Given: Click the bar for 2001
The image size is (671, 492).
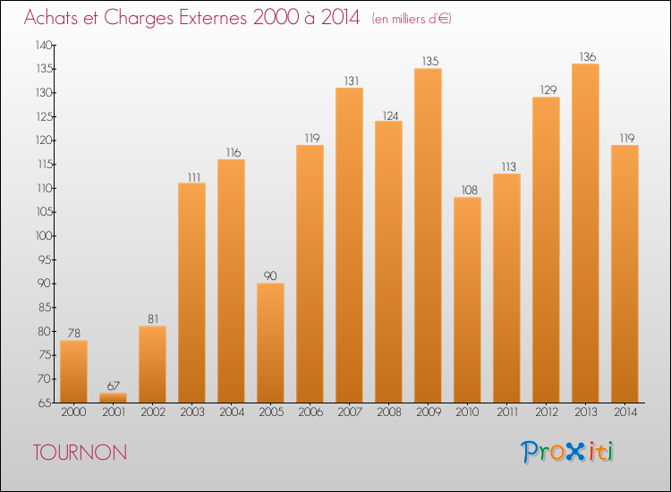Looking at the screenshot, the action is pos(113,397).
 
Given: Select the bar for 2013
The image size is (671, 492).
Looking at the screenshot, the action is pos(585,233).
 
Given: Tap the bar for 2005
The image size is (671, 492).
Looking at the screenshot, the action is pos(270,343).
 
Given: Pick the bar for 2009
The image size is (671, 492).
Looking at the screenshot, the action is pos(428,235).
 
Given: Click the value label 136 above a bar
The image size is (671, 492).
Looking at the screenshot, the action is pos(588,56).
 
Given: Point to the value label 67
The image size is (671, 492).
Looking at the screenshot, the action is pos(114,386).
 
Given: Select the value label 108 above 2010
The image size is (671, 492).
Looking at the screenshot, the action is pos(470,190).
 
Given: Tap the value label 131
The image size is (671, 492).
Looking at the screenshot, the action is pos(352,81).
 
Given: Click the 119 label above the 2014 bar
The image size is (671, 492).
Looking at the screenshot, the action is pos(627,138).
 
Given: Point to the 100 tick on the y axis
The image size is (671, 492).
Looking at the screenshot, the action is pos(45,236).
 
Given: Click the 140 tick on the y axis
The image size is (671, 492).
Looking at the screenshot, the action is pos(44,45).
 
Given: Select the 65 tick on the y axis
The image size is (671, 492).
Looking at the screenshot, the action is pos(47,403).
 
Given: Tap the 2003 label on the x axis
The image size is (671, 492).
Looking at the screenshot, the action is pos(192,412).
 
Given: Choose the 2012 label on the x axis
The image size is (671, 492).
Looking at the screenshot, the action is pos(547,412).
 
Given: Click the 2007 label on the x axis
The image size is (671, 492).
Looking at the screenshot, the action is pos(350,412).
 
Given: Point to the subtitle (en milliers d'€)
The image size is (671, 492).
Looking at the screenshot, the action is pos(412,19).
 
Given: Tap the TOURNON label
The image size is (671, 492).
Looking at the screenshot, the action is pos(80,453).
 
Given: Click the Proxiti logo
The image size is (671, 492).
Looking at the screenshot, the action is pos(567,452).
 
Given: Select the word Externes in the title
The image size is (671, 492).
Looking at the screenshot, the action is pos(213,17).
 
